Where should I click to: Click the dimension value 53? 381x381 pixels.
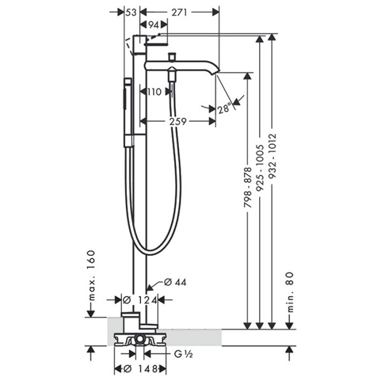131,12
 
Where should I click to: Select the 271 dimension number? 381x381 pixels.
179,12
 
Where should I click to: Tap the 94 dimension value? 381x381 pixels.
153,25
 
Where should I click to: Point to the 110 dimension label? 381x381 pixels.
154,92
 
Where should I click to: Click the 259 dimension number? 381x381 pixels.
178,121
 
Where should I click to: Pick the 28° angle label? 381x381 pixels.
224,108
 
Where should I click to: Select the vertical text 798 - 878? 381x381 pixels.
248,187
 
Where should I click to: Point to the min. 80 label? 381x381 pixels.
290,292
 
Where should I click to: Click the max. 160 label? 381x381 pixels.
91,276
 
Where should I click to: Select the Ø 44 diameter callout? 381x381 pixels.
175,282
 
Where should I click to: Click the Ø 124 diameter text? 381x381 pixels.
140,300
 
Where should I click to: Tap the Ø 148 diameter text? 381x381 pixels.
140,369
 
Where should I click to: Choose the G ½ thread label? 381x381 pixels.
184,354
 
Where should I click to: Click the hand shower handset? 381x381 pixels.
128,112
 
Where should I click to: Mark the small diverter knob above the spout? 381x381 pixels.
173,57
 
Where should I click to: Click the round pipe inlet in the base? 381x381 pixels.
140,338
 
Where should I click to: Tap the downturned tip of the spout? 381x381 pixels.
216,72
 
